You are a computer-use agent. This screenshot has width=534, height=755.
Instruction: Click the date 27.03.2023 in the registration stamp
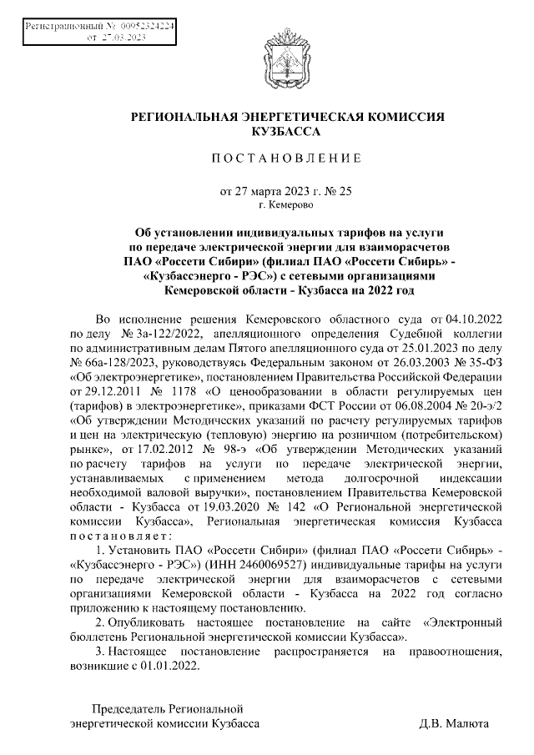(x=125, y=38)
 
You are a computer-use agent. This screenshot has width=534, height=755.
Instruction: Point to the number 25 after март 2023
(x=345, y=190)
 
